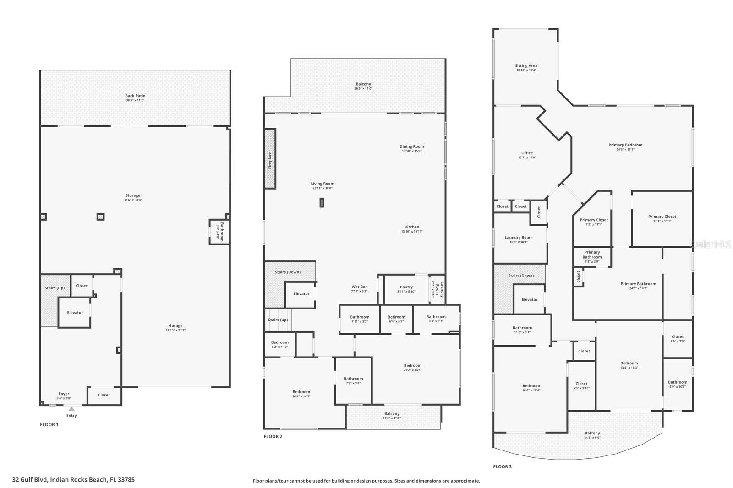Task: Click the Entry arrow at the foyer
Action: pos(71,408)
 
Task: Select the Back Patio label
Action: pos(135,96)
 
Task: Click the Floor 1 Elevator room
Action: pos(75,313)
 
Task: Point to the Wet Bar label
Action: pos(359,287)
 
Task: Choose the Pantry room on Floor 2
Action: pos(406,289)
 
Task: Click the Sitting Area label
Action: pos(526,66)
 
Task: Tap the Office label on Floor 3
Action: pos(527,153)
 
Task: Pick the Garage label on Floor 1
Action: pos(175,326)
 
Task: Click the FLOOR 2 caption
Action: pos(273,436)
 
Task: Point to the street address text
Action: pos(74,480)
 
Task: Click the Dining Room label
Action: pos(412,146)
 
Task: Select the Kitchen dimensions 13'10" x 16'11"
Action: pos(412,232)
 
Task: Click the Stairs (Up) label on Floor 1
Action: pos(55,288)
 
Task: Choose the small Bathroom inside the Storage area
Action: pos(219,232)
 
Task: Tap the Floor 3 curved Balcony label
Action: pos(592,433)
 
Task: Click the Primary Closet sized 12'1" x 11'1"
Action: pos(662,219)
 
